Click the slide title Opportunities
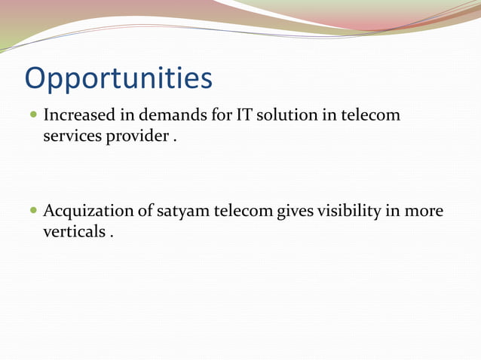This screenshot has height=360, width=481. coord(118,78)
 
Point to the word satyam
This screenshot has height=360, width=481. coord(183,212)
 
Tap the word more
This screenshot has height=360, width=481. coord(424,212)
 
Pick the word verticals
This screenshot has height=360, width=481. coord(74,232)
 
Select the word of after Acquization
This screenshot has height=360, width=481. coord(146,211)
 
